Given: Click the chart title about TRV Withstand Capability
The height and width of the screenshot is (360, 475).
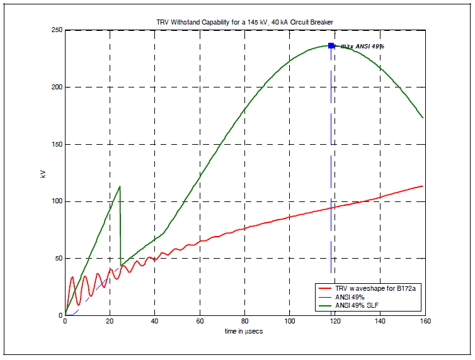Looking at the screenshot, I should click(244, 22).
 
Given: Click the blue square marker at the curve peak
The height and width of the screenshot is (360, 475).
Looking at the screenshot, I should click(331, 46).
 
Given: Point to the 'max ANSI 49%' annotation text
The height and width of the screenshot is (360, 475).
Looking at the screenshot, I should click(362, 47).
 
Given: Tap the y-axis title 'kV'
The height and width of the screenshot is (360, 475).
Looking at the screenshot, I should click(43, 173).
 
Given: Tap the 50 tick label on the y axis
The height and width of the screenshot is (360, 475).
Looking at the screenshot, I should click(57, 259).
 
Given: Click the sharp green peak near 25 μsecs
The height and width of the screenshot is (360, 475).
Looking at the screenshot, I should click(120, 186).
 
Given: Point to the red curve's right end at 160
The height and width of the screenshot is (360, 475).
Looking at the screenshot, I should click(422, 186).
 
